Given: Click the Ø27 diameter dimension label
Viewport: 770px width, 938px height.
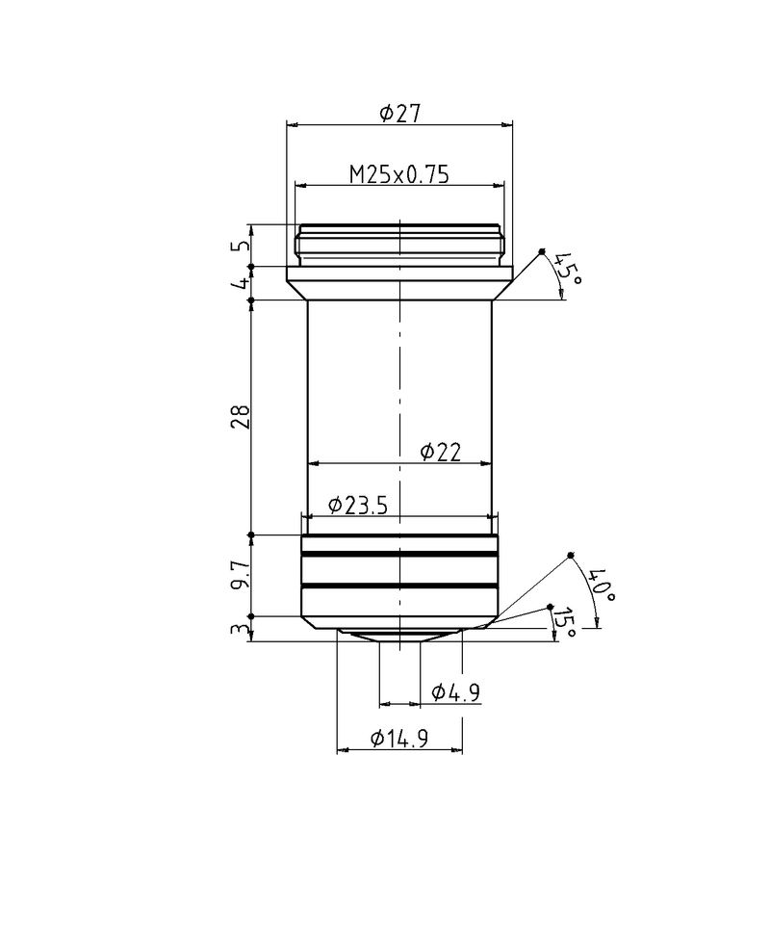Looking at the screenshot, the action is [x=400, y=113].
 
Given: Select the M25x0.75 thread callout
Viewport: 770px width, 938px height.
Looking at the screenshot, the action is [x=398, y=174].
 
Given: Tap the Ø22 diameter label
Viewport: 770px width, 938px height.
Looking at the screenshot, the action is [x=441, y=453].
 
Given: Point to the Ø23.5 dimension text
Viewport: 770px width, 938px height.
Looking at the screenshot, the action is [x=358, y=506].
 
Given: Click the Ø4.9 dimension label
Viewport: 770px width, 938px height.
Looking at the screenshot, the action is [x=456, y=692].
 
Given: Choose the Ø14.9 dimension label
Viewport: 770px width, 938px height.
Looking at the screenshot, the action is [x=399, y=739].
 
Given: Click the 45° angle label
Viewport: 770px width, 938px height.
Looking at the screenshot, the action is [x=567, y=270].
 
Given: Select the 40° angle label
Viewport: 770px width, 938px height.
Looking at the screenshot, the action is [x=602, y=586].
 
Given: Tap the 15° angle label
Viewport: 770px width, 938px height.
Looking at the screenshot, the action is [x=564, y=623].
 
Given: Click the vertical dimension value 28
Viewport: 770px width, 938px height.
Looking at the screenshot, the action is [x=241, y=416].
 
